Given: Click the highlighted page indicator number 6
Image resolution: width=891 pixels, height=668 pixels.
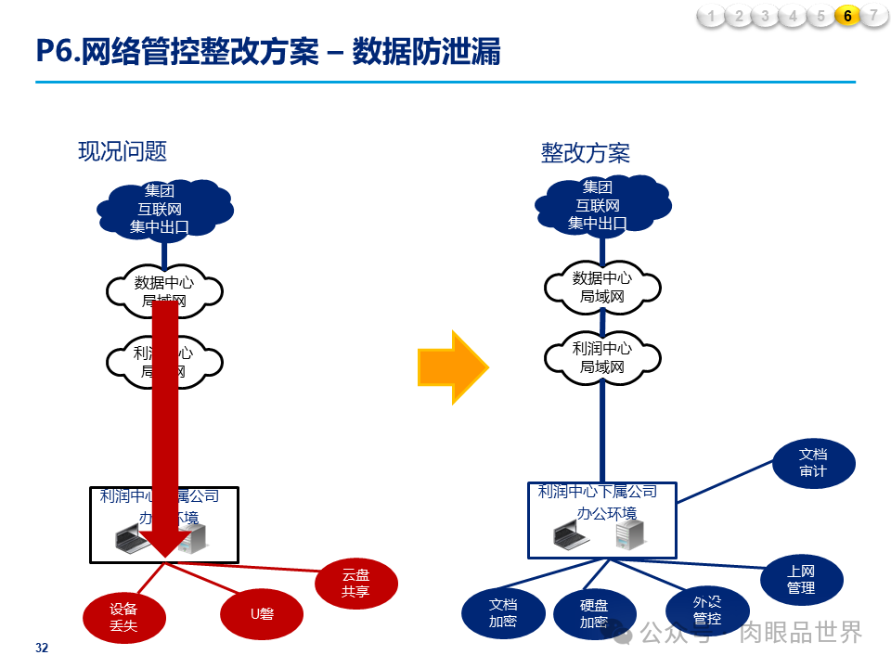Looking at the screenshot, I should click(847, 16).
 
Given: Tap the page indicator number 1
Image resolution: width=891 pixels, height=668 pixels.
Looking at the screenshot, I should click(711, 16).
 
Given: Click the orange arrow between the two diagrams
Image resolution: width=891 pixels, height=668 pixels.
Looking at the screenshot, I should click(452, 366).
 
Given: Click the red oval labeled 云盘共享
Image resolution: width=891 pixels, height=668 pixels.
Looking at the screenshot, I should click(356, 584).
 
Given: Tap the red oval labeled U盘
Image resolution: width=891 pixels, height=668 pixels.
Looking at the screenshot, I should click(262, 613).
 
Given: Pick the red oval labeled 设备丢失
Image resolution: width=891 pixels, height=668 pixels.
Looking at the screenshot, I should click(123, 617).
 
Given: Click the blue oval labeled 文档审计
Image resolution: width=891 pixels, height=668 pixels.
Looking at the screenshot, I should click(813, 463).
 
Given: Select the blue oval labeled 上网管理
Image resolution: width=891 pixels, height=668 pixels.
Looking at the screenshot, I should click(801, 580).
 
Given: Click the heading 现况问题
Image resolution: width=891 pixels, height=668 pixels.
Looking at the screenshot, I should click(123, 151).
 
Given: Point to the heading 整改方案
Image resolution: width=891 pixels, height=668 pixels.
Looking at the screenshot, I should click(586, 152).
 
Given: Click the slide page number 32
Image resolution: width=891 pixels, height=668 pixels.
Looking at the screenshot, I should click(42, 648).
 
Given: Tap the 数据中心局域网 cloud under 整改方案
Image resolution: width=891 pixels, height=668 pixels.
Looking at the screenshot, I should click(602, 287).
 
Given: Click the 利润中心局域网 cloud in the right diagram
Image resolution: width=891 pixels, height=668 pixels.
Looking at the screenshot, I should click(602, 358).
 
